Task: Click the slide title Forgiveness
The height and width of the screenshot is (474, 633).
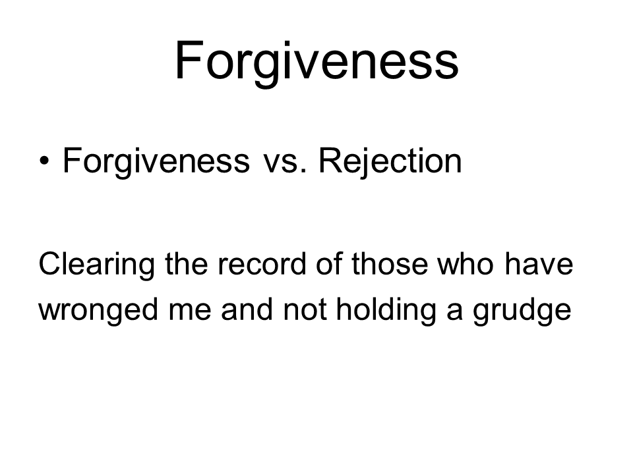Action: click(x=316, y=63)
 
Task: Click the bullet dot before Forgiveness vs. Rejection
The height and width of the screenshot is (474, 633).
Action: click(x=44, y=161)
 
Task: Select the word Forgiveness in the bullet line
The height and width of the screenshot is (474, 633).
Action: click(x=156, y=162)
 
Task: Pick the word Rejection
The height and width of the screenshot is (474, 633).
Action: click(x=390, y=162)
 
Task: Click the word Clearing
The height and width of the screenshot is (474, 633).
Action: click(x=96, y=265)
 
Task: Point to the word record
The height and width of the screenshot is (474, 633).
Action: click(x=262, y=265)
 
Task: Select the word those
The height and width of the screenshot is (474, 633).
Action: click(x=390, y=265)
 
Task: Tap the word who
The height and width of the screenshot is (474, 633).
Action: click(x=466, y=265)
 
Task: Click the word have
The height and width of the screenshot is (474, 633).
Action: click(x=539, y=265)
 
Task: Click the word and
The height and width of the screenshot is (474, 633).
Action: click(x=247, y=309)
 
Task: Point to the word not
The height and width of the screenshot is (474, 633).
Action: click(x=305, y=310)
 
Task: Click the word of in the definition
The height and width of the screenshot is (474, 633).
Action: click(x=329, y=265)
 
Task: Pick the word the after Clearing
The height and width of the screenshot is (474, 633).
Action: click(x=187, y=265)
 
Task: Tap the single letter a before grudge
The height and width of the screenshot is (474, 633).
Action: click(x=454, y=312)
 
